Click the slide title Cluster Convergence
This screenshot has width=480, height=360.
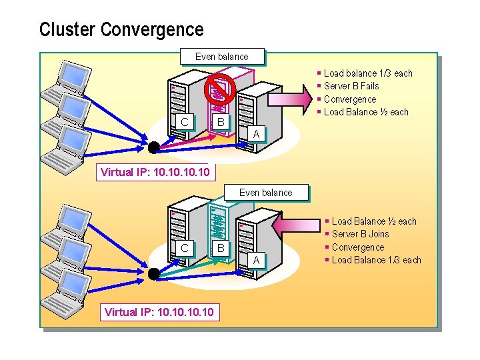tap(121, 30)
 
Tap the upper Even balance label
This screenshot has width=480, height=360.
tap(222, 57)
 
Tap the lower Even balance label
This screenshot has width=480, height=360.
tap(265, 193)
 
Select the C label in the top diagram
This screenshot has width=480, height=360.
tap(185, 121)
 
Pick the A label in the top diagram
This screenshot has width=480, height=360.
tap(255, 134)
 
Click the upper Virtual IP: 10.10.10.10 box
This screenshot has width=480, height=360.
tap(155, 173)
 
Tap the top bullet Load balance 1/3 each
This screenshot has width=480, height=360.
tap(368, 73)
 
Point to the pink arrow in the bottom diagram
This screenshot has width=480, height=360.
tap(301, 227)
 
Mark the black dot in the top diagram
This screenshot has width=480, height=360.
tap(154, 147)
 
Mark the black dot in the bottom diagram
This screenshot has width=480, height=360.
tap(154, 273)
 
